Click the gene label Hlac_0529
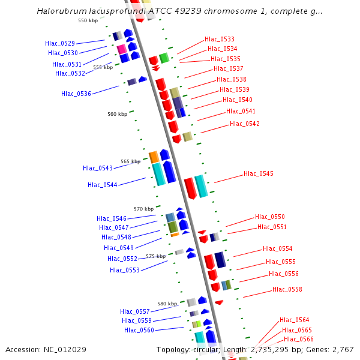[x=60, y=43]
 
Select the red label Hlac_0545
[x=259, y=174]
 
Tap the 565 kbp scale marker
[x=130, y=161]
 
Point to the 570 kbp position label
[x=143, y=209]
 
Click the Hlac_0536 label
[x=76, y=94]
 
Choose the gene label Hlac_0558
[x=287, y=290]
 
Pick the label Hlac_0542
[x=245, y=124]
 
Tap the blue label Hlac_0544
[x=103, y=185]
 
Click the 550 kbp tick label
[x=88, y=20]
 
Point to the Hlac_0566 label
[x=299, y=340]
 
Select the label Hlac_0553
[x=125, y=270]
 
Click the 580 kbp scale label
[x=167, y=304]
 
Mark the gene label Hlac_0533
[x=220, y=39]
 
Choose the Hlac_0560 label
[x=139, y=330]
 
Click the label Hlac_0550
[x=270, y=217]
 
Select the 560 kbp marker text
[x=118, y=114]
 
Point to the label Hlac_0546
[x=112, y=218]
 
